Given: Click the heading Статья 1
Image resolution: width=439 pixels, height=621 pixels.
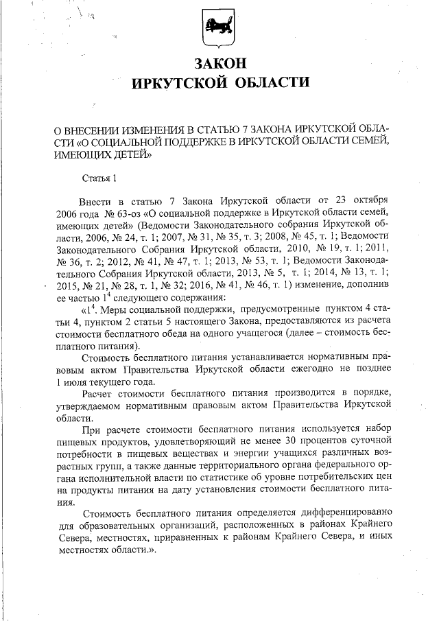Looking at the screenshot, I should click(x=99, y=179).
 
